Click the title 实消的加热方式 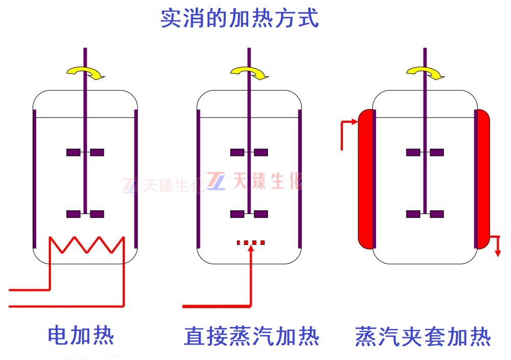pos(239,18)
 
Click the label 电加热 pos(80,336)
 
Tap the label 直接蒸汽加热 pos(252,336)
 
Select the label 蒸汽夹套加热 pos(423,336)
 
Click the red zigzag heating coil pos(87,245)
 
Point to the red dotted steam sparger pos(251,243)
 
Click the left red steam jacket pos(365,178)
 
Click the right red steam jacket pos(482,178)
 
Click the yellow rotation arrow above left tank pos(86,73)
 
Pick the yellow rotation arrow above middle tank pos(250,73)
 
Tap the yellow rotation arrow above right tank pos(425,73)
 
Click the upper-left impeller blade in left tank pos(73,152)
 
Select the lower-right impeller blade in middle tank pos(261,214)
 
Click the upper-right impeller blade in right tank pos(437,152)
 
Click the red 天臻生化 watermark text pos(267,181)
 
